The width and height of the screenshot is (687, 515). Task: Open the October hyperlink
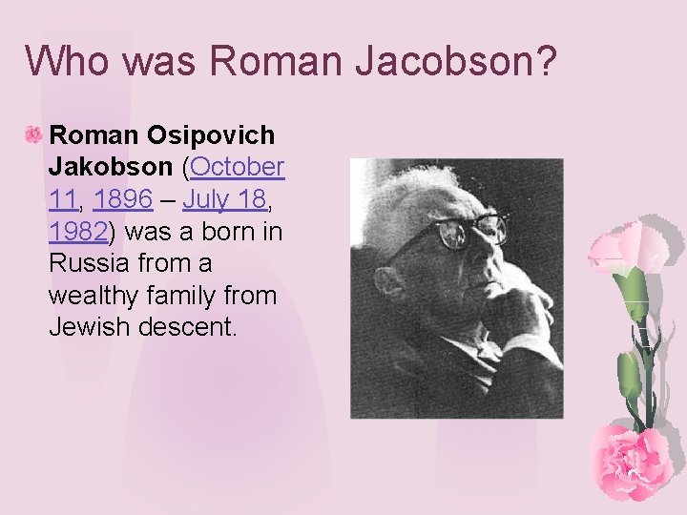coord(238,168)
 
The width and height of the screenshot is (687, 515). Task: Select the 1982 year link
coord(79,232)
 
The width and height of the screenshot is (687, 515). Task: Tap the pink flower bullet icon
coord(32,136)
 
